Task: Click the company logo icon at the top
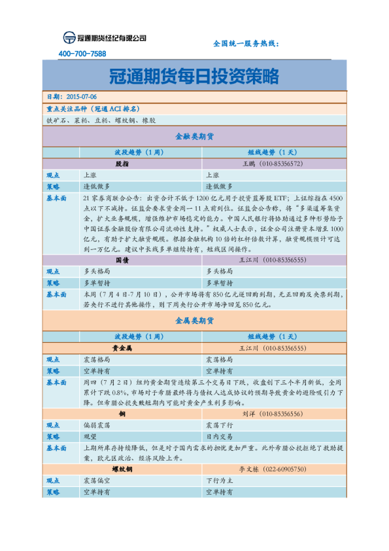(69, 38)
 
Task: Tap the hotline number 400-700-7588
(82, 54)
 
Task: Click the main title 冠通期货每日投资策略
(194, 77)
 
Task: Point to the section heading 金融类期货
(194, 137)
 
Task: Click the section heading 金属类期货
(194, 321)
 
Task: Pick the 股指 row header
(122, 164)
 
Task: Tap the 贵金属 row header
(122, 348)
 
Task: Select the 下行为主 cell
(220, 480)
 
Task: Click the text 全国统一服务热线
(246, 43)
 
